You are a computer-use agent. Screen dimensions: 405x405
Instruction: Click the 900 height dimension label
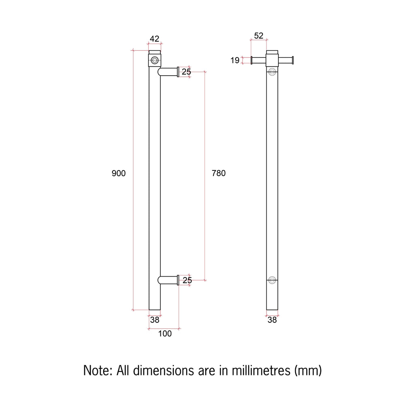tap(119, 173)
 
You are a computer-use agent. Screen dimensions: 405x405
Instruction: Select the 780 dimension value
tap(219, 173)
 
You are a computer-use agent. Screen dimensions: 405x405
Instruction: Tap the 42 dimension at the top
tap(154, 39)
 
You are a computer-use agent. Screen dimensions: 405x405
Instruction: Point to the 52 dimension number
tap(258, 36)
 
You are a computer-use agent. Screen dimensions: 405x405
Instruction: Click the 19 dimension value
tap(235, 60)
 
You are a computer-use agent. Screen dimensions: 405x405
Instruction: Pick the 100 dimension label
tap(165, 333)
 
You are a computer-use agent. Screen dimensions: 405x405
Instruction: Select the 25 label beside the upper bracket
tap(186, 72)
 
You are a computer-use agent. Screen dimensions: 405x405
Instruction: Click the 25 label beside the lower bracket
tap(187, 280)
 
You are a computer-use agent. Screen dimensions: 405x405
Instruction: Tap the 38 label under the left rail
tap(155, 320)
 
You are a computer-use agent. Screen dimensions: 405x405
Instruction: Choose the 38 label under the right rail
tap(272, 320)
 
